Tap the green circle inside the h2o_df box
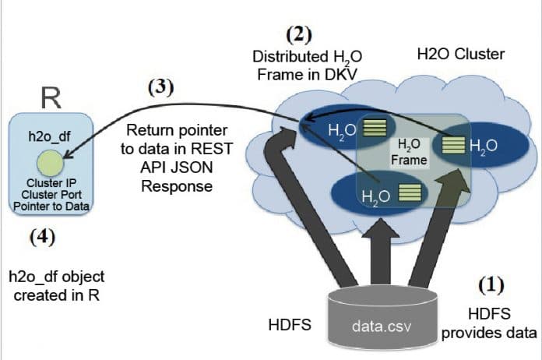tap(50, 163)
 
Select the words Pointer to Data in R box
tap(50, 206)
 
